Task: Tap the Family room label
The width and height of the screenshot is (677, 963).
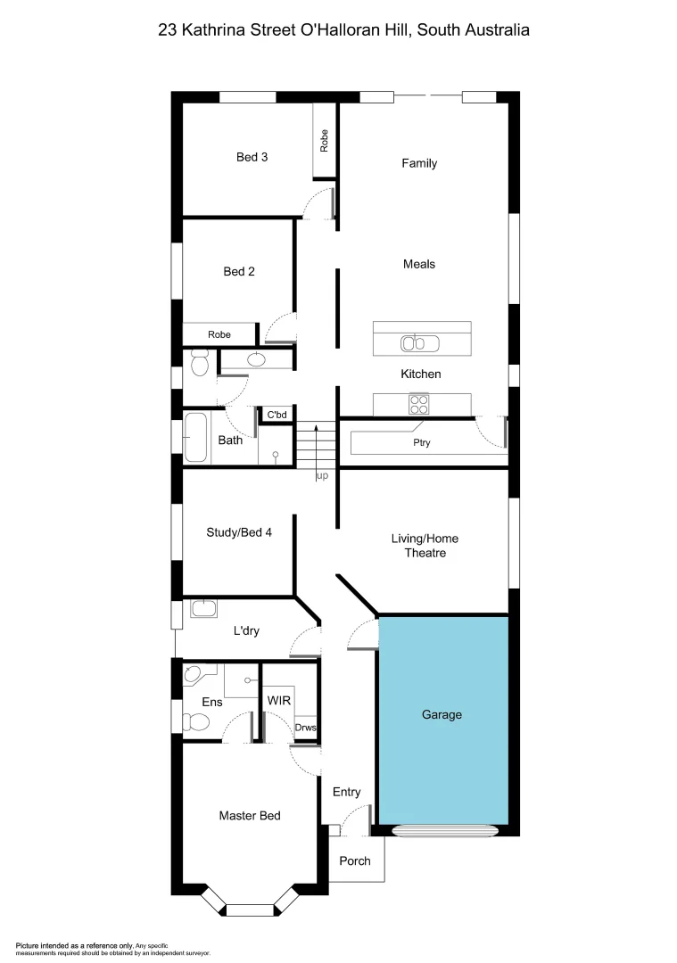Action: pyautogui.click(x=419, y=163)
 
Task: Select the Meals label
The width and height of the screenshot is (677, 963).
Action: pyautogui.click(x=419, y=264)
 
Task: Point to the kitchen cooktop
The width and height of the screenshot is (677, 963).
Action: pyautogui.click(x=417, y=404)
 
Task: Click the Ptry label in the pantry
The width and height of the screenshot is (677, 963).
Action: pyautogui.click(x=421, y=442)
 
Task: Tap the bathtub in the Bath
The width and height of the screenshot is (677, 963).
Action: pyautogui.click(x=197, y=437)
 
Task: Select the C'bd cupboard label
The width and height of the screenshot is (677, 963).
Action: pyautogui.click(x=277, y=415)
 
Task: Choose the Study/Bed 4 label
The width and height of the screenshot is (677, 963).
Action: pyautogui.click(x=239, y=532)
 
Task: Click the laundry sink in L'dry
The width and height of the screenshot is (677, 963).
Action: pyautogui.click(x=204, y=608)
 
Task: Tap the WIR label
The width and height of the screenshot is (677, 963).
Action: pyautogui.click(x=279, y=701)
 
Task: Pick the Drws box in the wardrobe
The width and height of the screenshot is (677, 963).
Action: pyautogui.click(x=305, y=727)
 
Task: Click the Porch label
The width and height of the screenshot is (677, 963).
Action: pyautogui.click(x=354, y=860)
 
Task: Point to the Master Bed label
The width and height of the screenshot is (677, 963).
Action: pyautogui.click(x=250, y=816)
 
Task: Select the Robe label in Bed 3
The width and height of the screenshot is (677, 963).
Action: pyautogui.click(x=324, y=140)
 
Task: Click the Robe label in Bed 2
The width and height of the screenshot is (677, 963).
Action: pyautogui.click(x=219, y=334)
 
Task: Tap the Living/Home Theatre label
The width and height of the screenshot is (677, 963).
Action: pyautogui.click(x=425, y=546)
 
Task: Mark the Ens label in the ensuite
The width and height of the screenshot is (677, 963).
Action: pyautogui.click(x=211, y=703)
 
